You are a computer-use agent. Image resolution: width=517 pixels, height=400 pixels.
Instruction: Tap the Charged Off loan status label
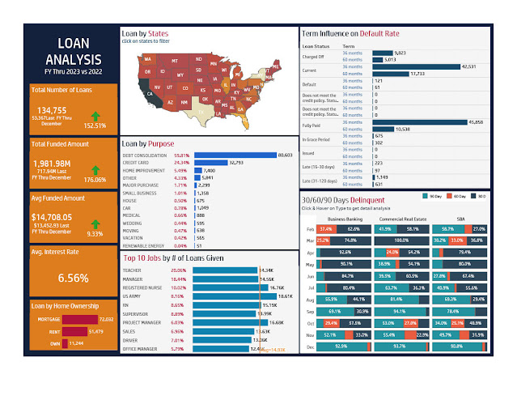[x=313, y=55]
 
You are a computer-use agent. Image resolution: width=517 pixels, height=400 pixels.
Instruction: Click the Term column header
[x=350, y=47]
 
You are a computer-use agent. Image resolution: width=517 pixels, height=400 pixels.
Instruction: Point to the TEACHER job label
[x=135, y=270]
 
